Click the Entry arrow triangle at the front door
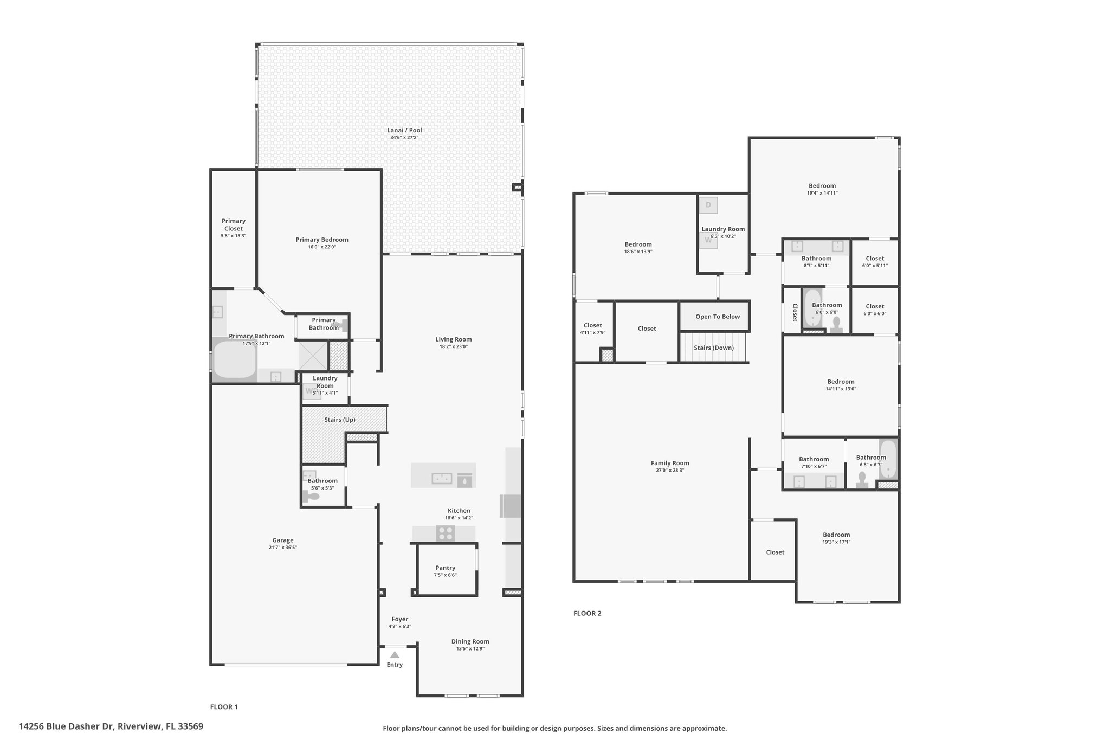(395, 654)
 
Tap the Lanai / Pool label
(404, 130)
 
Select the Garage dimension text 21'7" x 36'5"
(283, 548)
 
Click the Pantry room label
(446, 568)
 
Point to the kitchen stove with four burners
(446, 533)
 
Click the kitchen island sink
(442, 478)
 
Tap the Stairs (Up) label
(340, 420)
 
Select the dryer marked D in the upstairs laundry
(708, 205)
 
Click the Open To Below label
(718, 317)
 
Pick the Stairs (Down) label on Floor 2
(714, 348)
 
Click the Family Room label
(670, 463)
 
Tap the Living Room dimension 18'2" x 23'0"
(454, 346)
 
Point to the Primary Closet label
(234, 224)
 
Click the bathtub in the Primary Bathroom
(234, 358)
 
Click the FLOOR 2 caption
(588, 613)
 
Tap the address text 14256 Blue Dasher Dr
(67, 726)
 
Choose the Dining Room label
(470, 641)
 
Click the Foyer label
(400, 619)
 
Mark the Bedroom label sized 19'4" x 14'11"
(822, 185)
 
